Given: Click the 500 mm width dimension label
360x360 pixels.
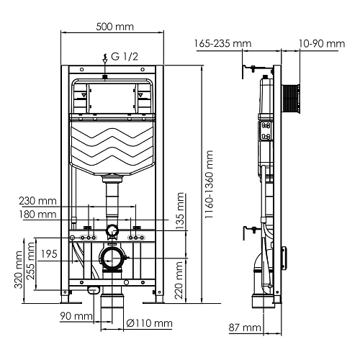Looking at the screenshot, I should (114, 27).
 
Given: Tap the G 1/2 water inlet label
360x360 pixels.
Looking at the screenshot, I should (120, 57).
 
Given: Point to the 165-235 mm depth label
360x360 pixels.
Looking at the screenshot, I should (223, 43).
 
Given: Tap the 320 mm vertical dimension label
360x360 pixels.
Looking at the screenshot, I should (18, 269).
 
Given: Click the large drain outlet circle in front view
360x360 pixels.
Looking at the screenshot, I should (111, 257).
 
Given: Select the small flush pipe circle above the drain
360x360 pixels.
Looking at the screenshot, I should (112, 231).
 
